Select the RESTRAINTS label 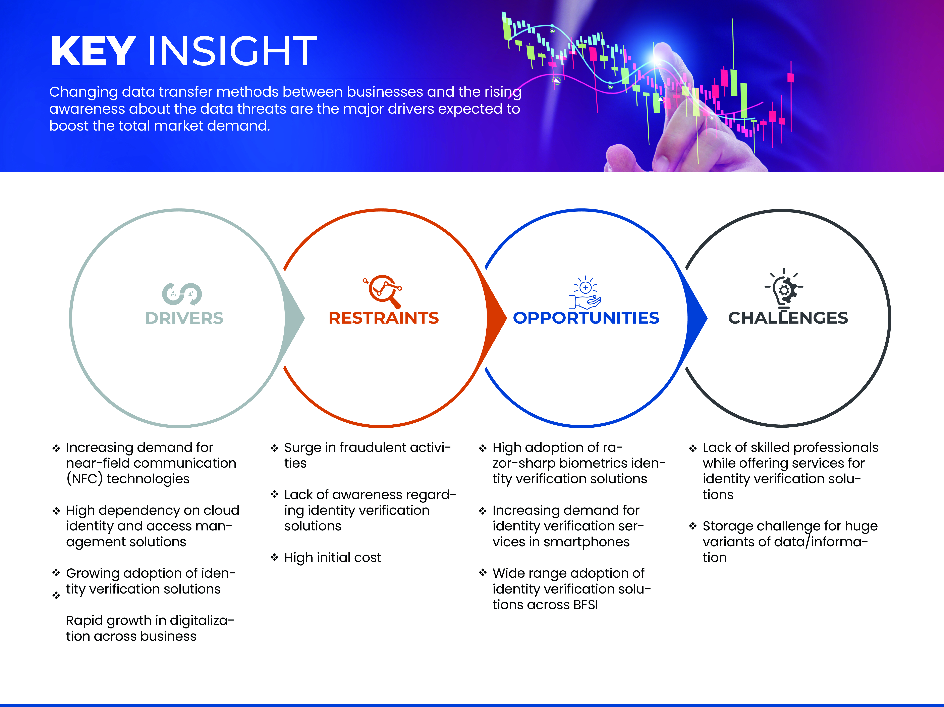[x=384, y=318]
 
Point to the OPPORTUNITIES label [x=586, y=318]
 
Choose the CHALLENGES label [x=788, y=318]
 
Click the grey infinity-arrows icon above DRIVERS [x=182, y=294]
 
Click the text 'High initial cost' [x=332, y=558]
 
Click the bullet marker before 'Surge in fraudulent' [x=274, y=448]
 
